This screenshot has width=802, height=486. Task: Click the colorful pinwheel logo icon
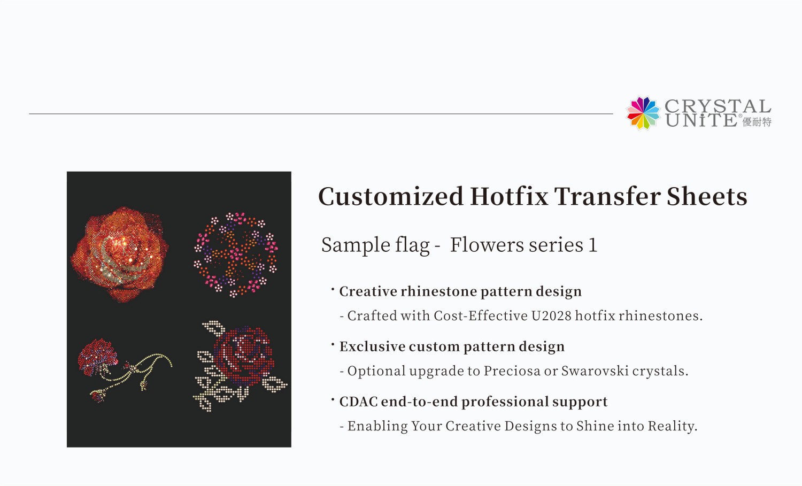[643, 113]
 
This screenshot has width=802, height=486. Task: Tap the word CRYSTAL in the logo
[717, 106]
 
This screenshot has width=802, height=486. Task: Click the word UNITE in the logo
[701, 121]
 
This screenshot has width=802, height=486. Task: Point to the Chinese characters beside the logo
[757, 122]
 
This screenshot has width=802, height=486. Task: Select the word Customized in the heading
[390, 196]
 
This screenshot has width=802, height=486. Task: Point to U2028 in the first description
[551, 316]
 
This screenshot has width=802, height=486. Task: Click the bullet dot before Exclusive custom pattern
[333, 344]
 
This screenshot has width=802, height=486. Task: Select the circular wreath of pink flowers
[236, 254]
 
